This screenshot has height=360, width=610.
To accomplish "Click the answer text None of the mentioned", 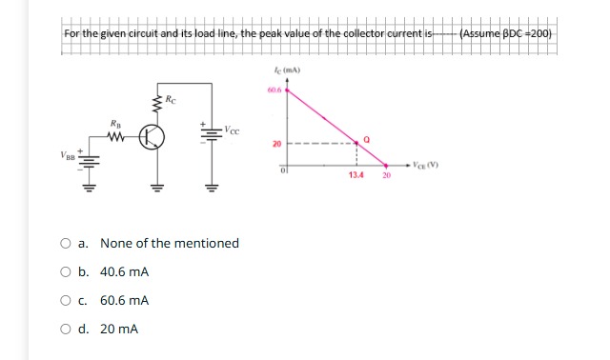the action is (x=169, y=243).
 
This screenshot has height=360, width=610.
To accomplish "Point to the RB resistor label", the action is (x=116, y=122).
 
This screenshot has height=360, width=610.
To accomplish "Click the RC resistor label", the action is (x=170, y=98).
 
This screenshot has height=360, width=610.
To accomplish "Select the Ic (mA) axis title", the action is (x=286, y=70).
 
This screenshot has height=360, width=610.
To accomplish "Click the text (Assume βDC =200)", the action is (x=505, y=34).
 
